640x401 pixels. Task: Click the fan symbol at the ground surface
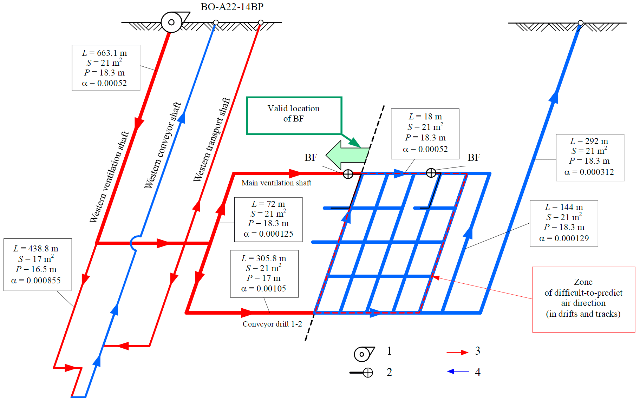(172, 22)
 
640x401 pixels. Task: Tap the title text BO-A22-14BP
(232, 7)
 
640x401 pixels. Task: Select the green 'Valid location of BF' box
(294, 115)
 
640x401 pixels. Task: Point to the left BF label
(311, 158)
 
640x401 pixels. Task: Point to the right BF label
(474, 158)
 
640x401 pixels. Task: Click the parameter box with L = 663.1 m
(106, 68)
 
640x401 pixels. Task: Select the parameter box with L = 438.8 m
(38, 264)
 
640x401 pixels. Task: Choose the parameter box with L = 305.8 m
(264, 274)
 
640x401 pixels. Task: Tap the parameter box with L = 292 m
(590, 157)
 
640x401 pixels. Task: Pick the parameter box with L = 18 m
(425, 133)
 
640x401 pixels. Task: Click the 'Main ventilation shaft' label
(276, 183)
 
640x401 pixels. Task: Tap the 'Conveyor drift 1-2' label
(272, 324)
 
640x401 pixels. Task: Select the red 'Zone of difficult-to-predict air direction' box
(583, 299)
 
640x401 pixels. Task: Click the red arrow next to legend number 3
(457, 352)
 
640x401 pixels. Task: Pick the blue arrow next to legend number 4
(458, 372)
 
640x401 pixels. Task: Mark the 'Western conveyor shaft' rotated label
(163, 145)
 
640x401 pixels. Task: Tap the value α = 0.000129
(564, 238)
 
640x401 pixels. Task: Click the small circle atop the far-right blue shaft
(581, 23)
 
